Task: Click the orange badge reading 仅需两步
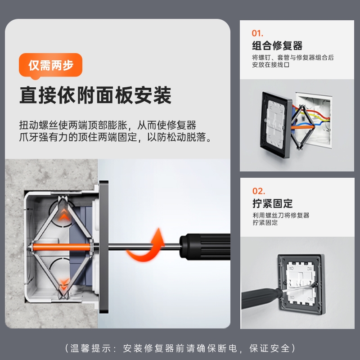click(50, 65)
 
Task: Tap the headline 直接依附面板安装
click(95, 95)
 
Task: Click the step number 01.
click(257, 33)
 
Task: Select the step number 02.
click(258, 191)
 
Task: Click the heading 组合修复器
click(277, 45)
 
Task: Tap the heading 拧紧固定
click(272, 203)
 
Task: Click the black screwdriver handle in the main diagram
click(205, 247)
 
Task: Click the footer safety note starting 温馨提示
click(180, 348)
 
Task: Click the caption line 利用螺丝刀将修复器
click(281, 216)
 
